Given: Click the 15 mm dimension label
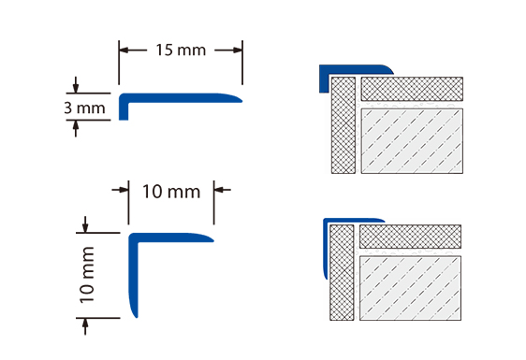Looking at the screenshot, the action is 181,50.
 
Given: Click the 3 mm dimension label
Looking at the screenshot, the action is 84,108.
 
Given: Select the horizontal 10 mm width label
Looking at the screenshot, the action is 171,192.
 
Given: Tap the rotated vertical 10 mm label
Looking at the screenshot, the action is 86,275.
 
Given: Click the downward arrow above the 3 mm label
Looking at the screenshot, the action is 76,85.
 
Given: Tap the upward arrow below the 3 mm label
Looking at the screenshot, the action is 76,128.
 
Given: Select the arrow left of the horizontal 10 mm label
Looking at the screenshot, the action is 120,190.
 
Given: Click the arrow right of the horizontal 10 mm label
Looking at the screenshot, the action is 223,190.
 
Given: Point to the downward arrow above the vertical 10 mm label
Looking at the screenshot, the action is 85,224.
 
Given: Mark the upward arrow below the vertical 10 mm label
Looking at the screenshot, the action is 85,326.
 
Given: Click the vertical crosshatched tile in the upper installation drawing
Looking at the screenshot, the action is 343,125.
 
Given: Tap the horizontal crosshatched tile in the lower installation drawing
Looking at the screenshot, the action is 410,237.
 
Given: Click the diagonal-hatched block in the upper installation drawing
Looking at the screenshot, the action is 412,141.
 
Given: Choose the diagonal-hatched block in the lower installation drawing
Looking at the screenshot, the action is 410,288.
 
